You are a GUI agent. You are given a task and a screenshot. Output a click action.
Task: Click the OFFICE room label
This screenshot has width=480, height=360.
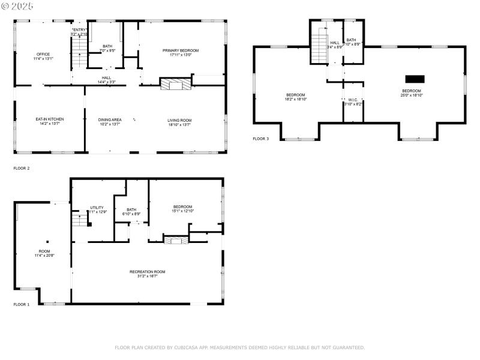tap(43, 54)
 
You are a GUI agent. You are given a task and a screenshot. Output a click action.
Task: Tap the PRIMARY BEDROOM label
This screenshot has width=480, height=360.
tap(180, 50)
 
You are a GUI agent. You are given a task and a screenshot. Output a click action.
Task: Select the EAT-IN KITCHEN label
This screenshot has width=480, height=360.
tap(49, 119)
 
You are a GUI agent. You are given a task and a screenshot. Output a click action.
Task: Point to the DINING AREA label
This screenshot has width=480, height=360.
tap(110, 120)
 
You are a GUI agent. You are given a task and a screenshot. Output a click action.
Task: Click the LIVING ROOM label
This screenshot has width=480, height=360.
tap(179, 120)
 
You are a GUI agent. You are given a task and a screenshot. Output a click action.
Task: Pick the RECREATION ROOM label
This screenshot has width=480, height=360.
tap(147, 272)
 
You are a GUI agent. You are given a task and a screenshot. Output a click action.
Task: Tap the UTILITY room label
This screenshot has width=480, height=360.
tap(97, 208)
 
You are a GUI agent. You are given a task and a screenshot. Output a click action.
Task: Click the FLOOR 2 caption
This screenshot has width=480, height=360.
tap(22, 169)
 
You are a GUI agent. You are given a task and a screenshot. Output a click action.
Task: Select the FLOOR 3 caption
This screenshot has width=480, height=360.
tap(260, 139)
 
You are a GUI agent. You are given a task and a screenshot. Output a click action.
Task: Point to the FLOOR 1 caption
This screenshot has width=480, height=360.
tap(22, 305)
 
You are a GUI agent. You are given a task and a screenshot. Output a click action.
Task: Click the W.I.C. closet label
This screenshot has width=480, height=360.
tap(353, 100)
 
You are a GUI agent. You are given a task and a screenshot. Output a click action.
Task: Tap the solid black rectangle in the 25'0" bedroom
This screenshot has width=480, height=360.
tap(415, 79)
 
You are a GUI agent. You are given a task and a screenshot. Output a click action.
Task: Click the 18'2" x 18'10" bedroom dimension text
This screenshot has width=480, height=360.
tap(295, 98)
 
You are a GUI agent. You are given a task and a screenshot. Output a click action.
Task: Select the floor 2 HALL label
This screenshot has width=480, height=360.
tap(106, 77)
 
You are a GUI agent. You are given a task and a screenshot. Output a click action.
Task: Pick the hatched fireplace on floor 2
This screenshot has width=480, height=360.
tap(175, 85)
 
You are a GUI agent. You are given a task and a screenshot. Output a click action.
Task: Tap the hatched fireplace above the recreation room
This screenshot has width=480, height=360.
tap(176, 241)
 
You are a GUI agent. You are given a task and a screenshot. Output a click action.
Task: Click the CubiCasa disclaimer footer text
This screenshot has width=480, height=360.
tap(239, 347)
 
